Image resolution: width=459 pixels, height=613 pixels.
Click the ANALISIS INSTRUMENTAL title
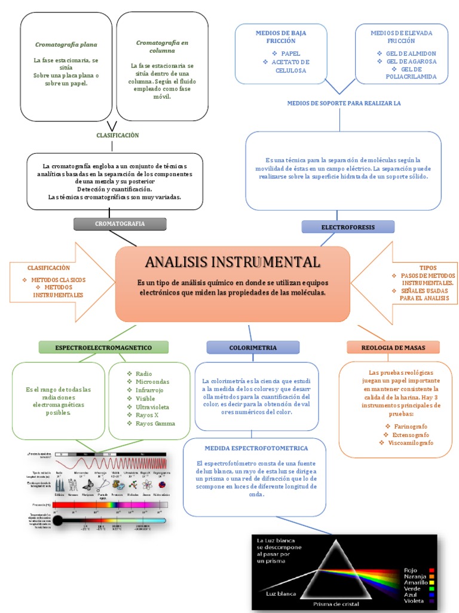click(232, 262)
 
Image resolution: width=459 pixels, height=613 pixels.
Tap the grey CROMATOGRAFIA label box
click(120, 224)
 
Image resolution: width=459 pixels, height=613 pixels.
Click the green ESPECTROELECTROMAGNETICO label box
click(103, 347)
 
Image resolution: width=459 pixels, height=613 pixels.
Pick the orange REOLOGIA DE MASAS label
click(393, 347)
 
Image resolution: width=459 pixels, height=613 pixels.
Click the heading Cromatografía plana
click(66, 45)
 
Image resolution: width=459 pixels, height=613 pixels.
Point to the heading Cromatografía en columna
click(162, 47)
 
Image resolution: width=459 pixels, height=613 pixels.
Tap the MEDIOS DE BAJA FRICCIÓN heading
click(280, 37)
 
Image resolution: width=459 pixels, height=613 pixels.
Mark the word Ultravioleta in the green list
click(152, 407)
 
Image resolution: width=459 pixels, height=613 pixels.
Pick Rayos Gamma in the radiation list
click(155, 424)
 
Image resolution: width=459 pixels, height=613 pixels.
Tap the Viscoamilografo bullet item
click(410, 442)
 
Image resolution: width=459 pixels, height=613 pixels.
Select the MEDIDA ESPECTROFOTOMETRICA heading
click(256, 448)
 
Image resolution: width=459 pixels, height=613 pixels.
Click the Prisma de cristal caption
click(336, 603)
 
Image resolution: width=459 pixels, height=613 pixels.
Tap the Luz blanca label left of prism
click(281, 593)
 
